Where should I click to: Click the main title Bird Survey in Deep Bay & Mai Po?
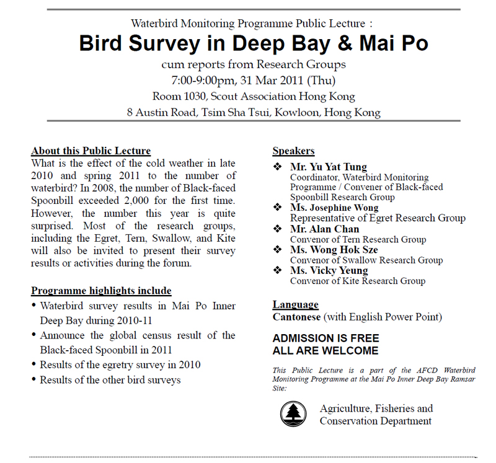[x=254, y=44]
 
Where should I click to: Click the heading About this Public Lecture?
[x=91, y=151]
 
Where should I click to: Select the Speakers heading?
[x=293, y=151]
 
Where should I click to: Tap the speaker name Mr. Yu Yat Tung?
[x=329, y=167]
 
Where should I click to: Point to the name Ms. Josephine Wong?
[x=334, y=208]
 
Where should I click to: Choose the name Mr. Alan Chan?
[x=324, y=229]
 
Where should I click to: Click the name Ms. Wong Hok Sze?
[x=334, y=250]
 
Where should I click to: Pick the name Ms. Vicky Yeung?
[x=329, y=270]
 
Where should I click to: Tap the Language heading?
[x=295, y=304]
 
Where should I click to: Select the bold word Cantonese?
[x=296, y=317]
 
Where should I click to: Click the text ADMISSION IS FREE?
[x=325, y=339]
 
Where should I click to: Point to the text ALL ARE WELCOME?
[x=325, y=351]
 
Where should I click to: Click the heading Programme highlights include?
[x=101, y=291]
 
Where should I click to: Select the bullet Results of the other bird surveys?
[x=110, y=379]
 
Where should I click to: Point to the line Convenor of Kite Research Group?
[x=357, y=281]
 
